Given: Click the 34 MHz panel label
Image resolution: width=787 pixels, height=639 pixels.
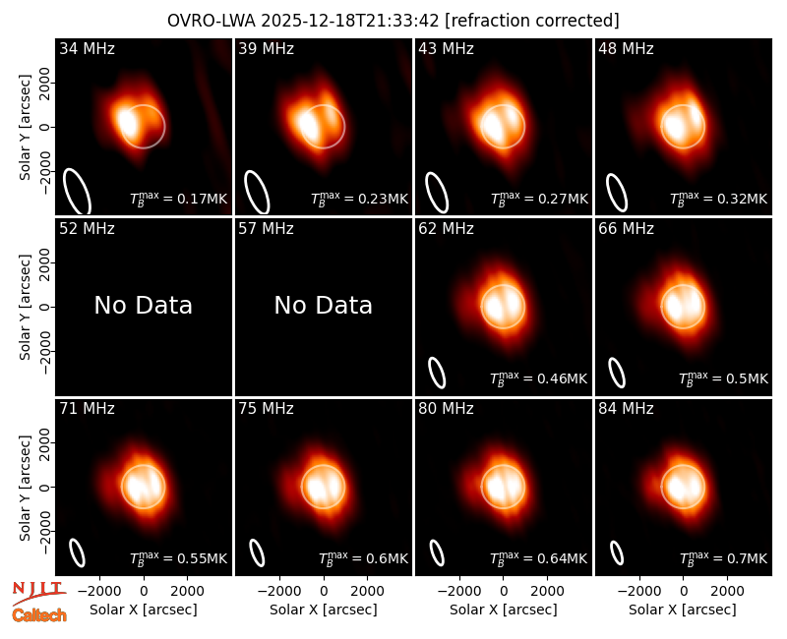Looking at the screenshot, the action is pos(87,48).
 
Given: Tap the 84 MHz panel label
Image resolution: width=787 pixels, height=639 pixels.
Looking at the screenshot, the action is pos(626,409).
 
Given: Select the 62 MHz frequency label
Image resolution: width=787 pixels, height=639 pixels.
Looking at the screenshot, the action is pos(447,229).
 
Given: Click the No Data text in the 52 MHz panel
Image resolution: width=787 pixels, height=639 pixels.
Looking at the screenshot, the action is pos(144,305).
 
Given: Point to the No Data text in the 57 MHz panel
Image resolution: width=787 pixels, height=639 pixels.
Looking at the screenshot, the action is pos(324,305).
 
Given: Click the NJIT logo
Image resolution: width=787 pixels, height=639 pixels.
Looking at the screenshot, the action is pos(38,591).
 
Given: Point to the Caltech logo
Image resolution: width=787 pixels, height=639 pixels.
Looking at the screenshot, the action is pos(39,615).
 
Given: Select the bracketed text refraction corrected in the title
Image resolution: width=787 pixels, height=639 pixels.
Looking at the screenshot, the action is pos(532,21).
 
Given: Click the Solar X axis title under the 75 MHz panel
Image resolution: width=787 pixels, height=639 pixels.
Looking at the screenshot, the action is pos(324,610).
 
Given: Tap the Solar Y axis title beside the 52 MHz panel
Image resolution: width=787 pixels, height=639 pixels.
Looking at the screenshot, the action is pos(25,307).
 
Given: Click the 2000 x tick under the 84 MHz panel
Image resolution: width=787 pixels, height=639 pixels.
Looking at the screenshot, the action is pos(727,591).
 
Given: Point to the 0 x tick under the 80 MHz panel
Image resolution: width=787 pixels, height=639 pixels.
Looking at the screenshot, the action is pos(504,591).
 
